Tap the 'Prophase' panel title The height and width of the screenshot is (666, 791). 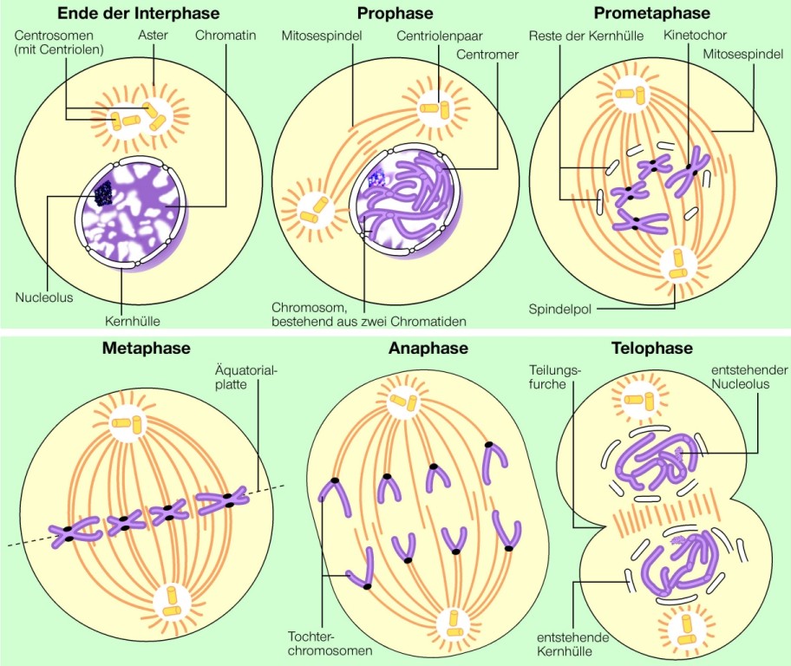pos(395,13)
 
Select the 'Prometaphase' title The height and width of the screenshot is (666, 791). pos(651,13)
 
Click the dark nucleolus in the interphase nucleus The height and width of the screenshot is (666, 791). pos(103,193)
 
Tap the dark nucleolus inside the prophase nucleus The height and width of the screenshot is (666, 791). pos(376,180)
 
